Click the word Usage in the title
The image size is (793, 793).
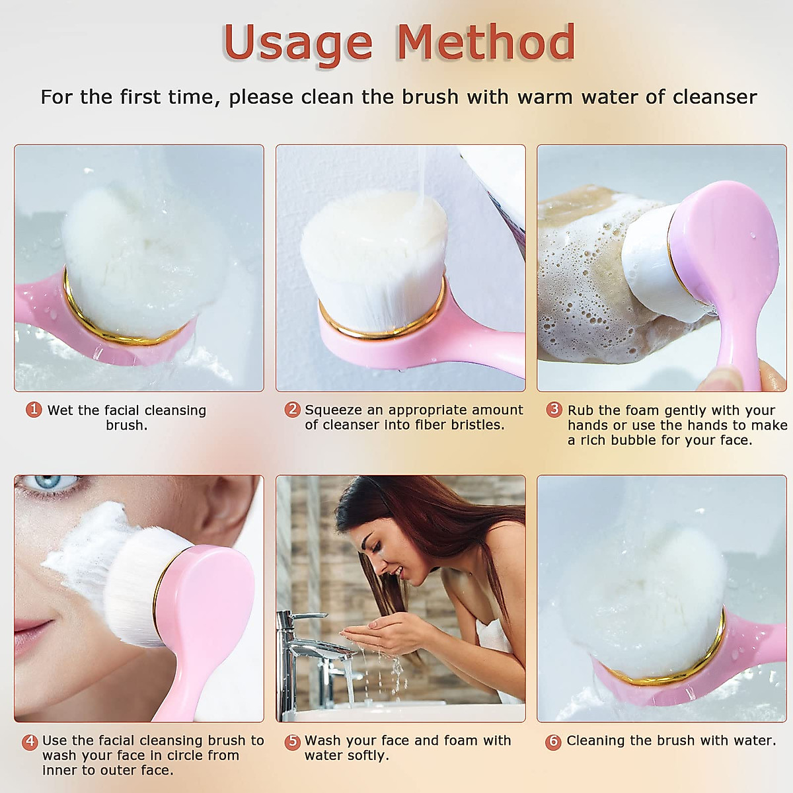coord(297,42)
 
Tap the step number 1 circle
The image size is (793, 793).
coord(34,410)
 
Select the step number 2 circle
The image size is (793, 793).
coord(292,410)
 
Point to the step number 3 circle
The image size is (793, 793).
coord(554,410)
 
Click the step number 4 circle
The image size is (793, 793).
coord(30,741)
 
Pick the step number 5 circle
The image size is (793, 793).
coord(292,741)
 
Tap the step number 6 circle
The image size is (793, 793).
coord(553,741)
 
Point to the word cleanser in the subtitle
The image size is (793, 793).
coord(714,97)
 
